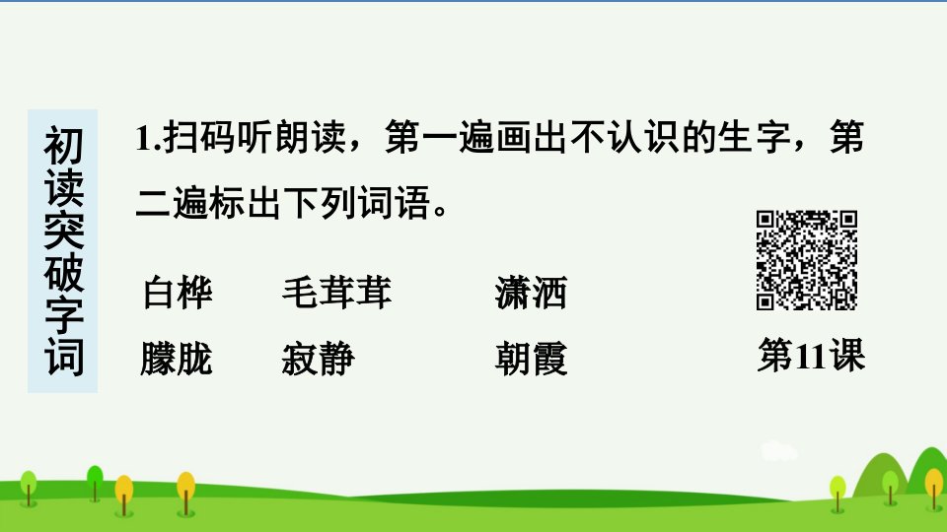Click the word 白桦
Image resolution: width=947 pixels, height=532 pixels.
[178, 294]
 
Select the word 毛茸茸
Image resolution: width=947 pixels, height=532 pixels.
[337, 294]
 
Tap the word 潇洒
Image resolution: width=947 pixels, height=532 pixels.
[531, 294]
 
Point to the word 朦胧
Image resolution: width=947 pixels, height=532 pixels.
[177, 359]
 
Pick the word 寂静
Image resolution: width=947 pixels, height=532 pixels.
[319, 359]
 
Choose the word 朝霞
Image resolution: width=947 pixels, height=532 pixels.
[531, 359]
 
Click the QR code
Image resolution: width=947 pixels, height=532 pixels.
[806, 260]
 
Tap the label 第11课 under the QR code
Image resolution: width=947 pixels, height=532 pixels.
[811, 356]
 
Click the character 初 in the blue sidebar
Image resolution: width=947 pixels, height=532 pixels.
[63, 146]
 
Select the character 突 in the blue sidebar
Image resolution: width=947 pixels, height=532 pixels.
[63, 230]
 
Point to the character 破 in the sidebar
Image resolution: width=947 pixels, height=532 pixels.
[63, 272]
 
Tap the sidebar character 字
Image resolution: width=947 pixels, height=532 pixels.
[63, 314]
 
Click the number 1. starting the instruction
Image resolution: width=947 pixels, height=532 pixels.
[149, 138]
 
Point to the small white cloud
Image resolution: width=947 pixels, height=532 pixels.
[778, 451]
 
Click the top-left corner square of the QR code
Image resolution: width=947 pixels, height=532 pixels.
[765, 219]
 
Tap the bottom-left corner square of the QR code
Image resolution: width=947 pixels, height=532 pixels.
[765, 301]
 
